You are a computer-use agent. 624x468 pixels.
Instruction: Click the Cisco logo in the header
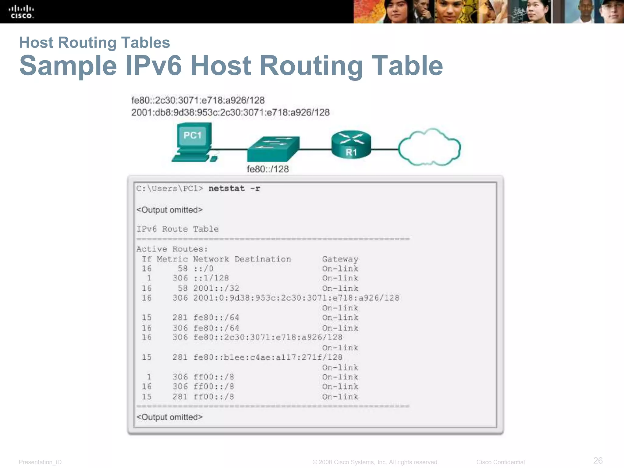tap(21, 12)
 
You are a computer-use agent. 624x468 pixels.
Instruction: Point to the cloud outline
tap(429, 147)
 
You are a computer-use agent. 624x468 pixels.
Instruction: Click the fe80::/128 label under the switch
tap(268, 169)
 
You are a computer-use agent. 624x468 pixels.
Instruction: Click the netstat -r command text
tap(234, 189)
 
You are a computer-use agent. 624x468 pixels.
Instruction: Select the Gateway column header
tap(340, 259)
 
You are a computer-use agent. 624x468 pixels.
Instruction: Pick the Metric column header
tap(172, 259)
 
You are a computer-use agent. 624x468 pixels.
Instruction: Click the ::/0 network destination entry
tap(203, 269)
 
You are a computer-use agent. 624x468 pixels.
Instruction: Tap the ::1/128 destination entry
tap(211, 278)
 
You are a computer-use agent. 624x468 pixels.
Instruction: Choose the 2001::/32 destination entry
tap(216, 288)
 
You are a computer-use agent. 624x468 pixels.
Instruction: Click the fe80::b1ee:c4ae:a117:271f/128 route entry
tap(268, 357)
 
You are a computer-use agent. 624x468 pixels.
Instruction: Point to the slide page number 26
tap(598, 460)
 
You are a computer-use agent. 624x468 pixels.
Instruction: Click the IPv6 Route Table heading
tap(177, 229)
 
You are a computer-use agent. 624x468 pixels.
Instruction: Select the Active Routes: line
tap(172, 249)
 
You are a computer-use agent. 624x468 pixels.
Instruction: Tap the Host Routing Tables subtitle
tap(94, 42)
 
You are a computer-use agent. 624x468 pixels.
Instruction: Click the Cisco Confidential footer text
tap(500, 462)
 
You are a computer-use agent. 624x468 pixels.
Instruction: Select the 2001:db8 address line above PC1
tap(230, 112)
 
